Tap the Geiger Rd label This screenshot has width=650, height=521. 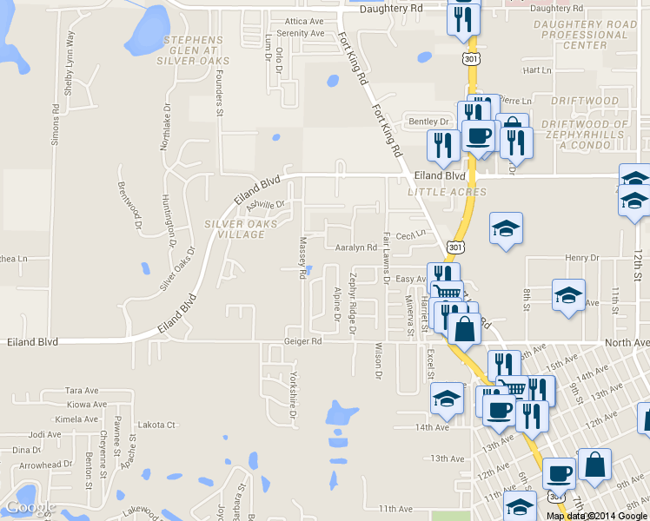[x=303, y=341]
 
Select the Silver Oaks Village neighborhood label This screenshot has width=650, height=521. [x=241, y=229]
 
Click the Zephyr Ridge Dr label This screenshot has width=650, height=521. [x=353, y=303]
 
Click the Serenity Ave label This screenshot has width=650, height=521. [x=301, y=33]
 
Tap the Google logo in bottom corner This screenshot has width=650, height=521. [x=30, y=507]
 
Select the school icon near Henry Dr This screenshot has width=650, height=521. [x=506, y=229]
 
